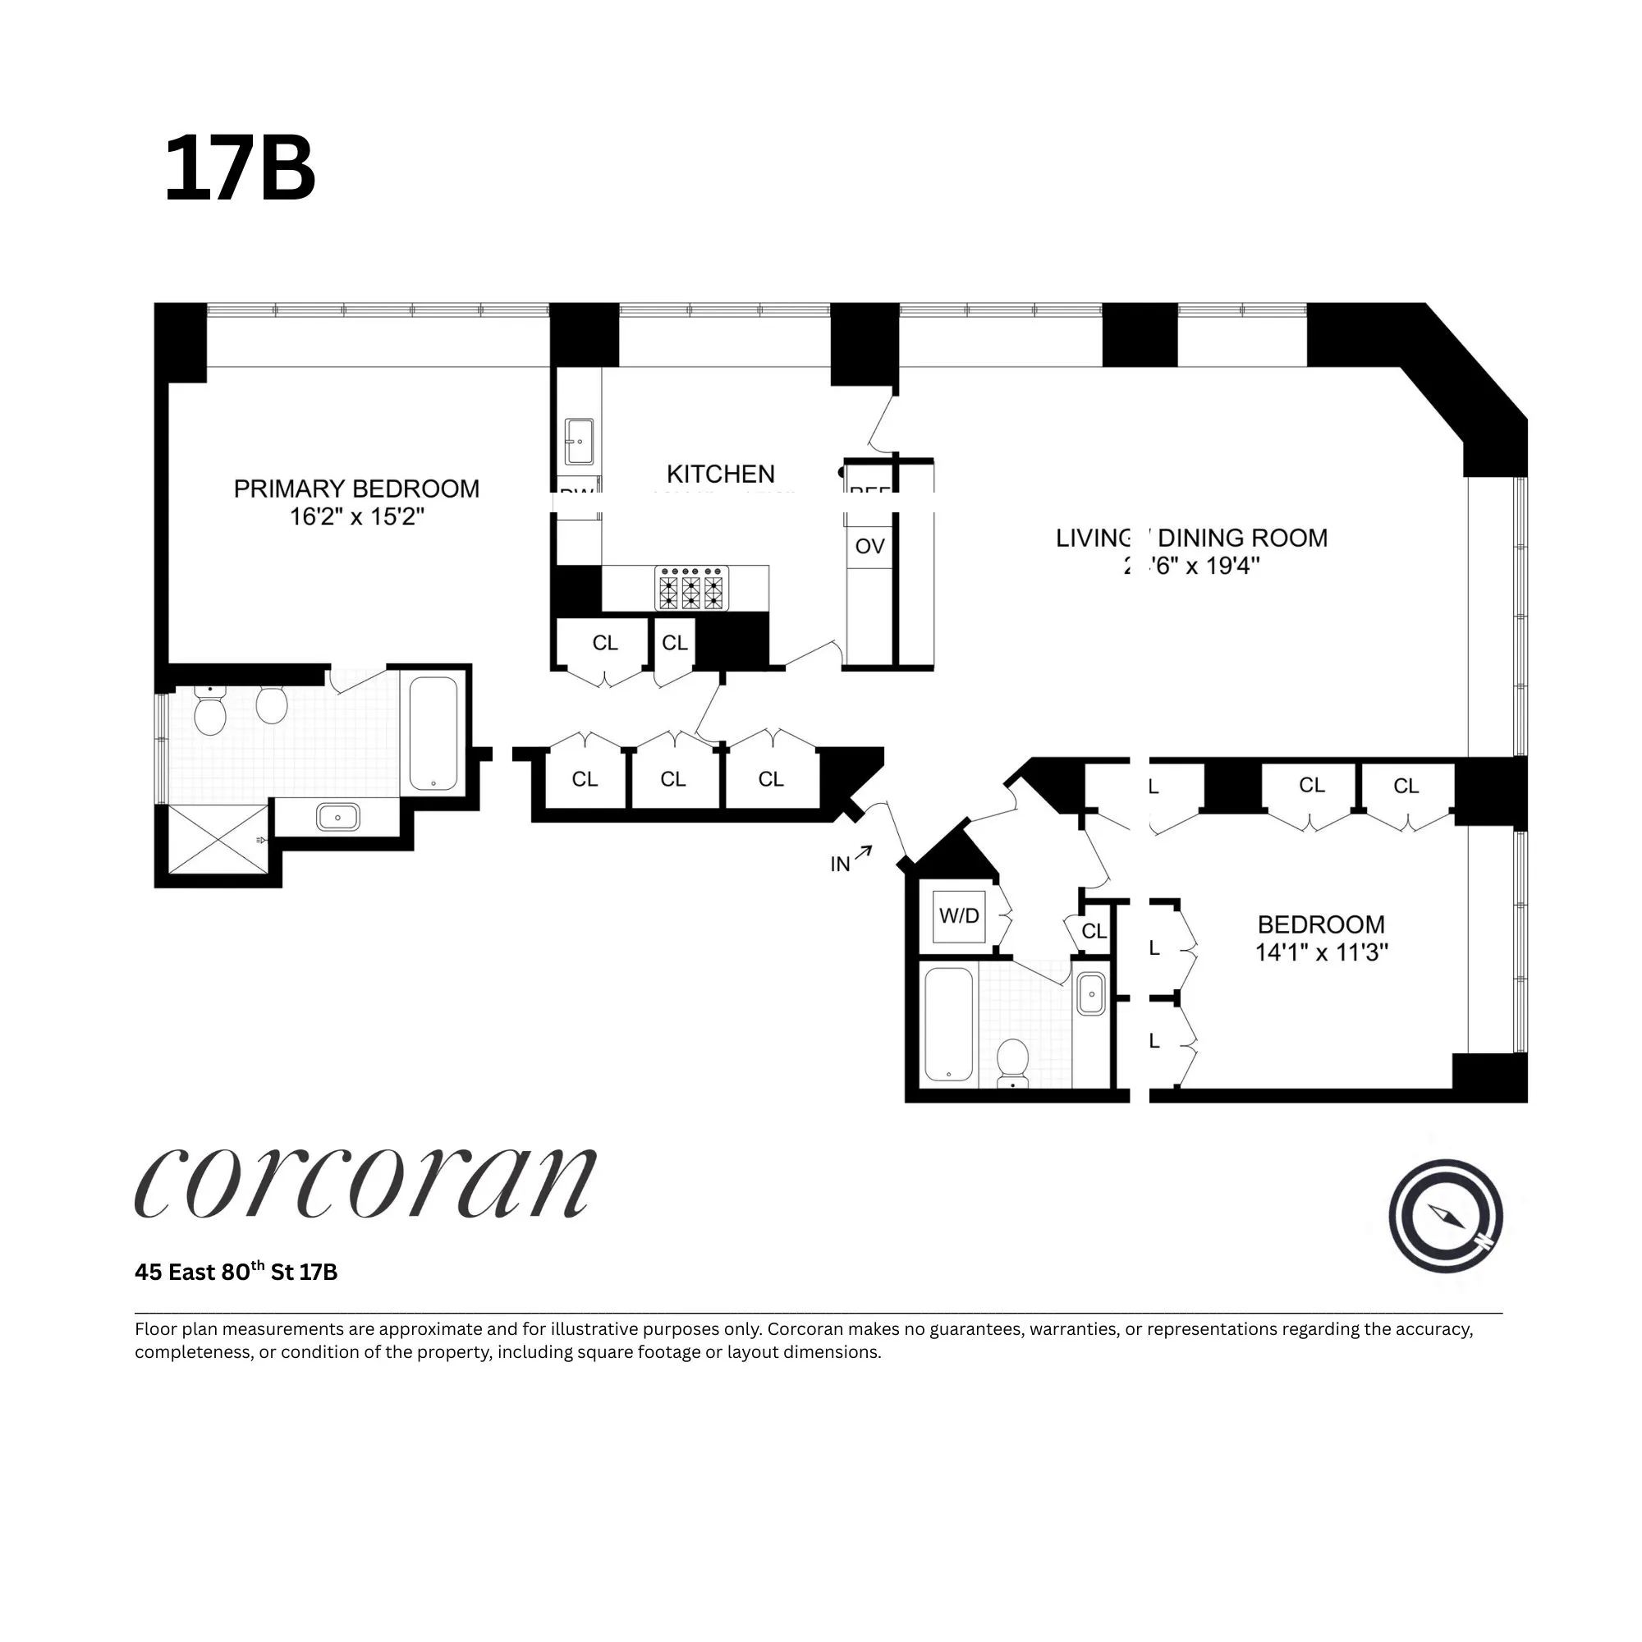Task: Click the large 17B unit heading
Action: (x=240, y=169)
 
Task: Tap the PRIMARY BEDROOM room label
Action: (x=356, y=488)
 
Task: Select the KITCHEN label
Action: (x=720, y=474)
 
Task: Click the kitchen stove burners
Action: (x=691, y=589)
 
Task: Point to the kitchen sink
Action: (x=579, y=440)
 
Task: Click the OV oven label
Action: (x=869, y=547)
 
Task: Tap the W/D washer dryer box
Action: (x=959, y=916)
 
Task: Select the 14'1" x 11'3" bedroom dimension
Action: (x=1321, y=952)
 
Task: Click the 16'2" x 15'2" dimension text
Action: (x=356, y=516)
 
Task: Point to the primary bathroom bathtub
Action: (x=433, y=732)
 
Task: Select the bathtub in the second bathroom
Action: (x=948, y=1024)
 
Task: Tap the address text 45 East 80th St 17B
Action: (x=236, y=1273)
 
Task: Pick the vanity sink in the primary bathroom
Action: (x=337, y=818)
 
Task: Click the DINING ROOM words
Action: (x=1241, y=538)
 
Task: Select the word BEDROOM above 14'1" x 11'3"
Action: (x=1321, y=924)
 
